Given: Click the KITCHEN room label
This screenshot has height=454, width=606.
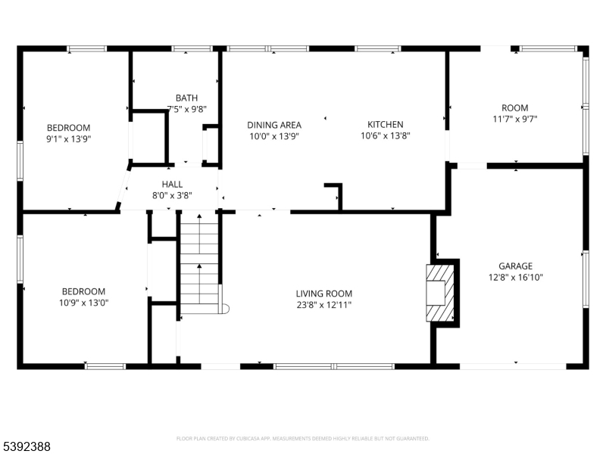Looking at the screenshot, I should tap(385, 125).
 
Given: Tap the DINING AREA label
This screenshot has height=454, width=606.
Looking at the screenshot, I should tap(274, 125).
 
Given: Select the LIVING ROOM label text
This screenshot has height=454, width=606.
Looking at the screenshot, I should tap(323, 294).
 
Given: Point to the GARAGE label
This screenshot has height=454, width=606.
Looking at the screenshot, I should tap(515, 266).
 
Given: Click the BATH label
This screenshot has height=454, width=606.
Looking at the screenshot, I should tap(186, 98).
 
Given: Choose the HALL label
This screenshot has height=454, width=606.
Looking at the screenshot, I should tap(172, 184).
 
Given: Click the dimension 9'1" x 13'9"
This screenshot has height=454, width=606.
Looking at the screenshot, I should tap(68, 138).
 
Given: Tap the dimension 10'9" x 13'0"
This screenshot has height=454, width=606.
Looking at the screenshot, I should tap(83, 303).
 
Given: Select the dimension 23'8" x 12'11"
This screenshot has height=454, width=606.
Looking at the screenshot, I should tap(323, 305).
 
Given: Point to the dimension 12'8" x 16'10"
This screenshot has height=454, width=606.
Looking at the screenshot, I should tap(515, 277).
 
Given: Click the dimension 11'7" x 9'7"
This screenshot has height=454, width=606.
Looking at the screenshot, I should tap(515, 119).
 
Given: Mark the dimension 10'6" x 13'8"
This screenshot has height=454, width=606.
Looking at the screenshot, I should tap(385, 136).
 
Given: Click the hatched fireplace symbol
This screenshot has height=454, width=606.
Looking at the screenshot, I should tap(442, 292).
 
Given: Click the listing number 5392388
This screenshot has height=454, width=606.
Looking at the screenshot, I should tap(27, 447).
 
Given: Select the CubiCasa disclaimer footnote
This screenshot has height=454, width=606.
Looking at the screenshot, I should tap(303, 438).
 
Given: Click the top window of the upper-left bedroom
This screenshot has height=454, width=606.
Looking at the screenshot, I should tap(87, 48).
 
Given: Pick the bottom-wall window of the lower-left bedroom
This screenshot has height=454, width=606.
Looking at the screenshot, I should tap(105, 366).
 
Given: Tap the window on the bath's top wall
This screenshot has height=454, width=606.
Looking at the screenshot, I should tap(192, 48).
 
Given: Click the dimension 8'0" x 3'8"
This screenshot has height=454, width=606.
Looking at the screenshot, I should tap(172, 194).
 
